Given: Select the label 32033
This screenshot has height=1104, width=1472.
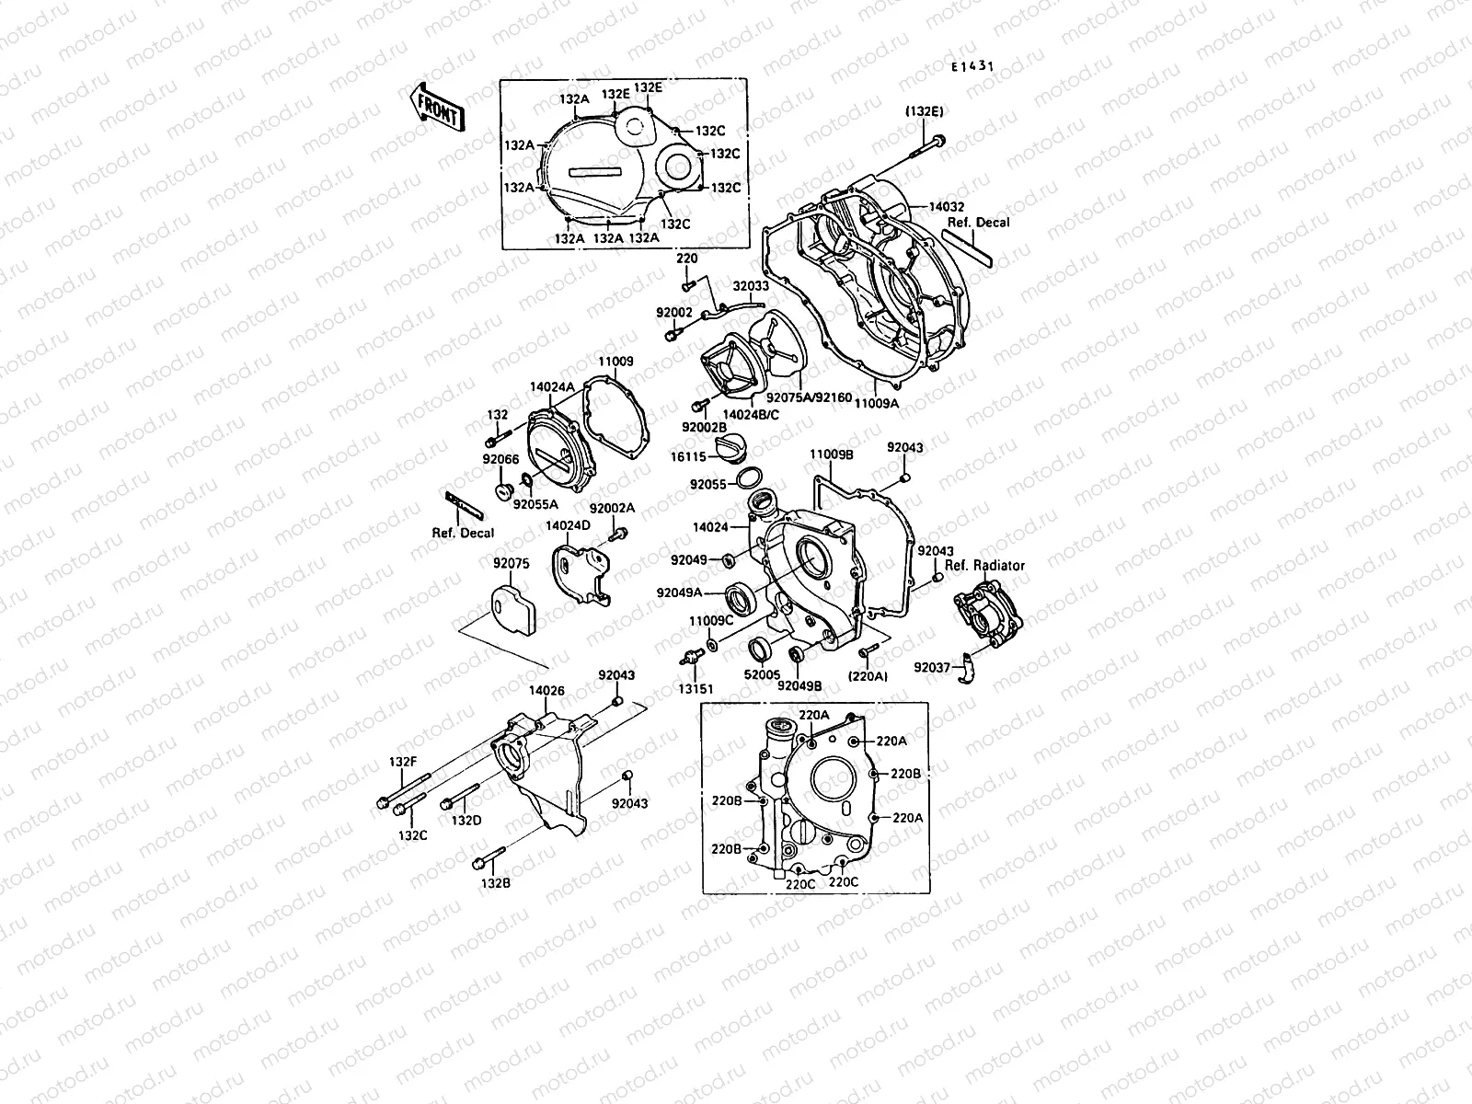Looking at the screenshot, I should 750,286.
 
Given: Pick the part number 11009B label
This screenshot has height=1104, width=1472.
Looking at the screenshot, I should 832,454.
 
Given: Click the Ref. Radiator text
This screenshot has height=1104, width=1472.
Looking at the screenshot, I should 984,566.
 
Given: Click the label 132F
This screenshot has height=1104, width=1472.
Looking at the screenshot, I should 403,762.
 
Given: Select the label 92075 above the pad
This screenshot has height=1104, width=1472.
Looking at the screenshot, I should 511,565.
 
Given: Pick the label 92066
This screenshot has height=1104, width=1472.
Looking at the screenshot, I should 500,460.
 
